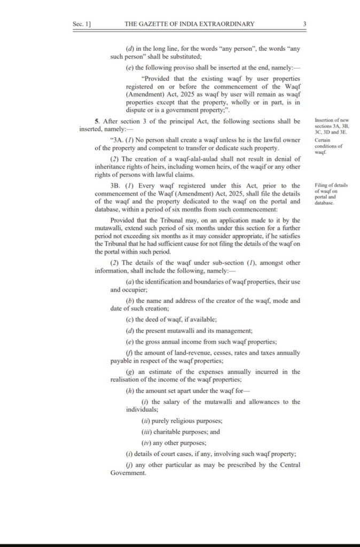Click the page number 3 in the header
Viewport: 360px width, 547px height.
pyautogui.click(x=304, y=24)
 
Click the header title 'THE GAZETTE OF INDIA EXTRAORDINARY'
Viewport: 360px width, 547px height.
pyautogui.click(x=189, y=24)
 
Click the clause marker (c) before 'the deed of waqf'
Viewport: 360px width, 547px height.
pyautogui.click(x=129, y=319)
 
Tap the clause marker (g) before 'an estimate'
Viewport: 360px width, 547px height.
pyautogui.click(x=129, y=372)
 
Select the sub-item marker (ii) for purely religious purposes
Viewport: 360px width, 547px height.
pyautogui.click(x=145, y=421)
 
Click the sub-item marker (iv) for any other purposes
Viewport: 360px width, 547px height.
pyautogui.click(x=145, y=443)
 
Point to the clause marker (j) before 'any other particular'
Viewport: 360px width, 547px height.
pyautogui.click(x=129, y=465)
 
